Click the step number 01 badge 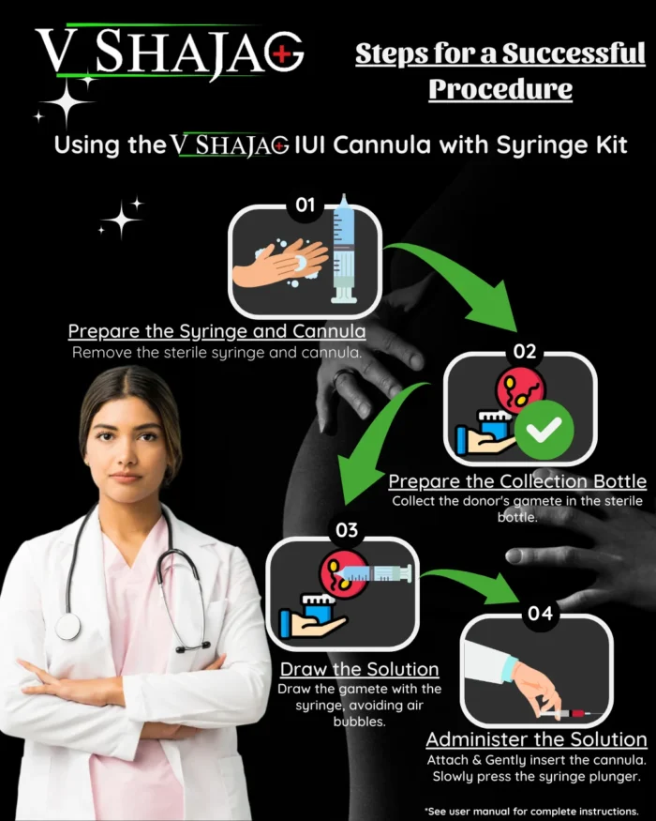tap(305, 205)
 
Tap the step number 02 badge tap(524, 353)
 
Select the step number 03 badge tap(346, 530)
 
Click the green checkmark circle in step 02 tap(545, 431)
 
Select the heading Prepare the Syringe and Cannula tap(217, 332)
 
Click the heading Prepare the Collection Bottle tap(517, 481)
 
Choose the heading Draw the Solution tap(359, 669)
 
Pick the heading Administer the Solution tap(536, 739)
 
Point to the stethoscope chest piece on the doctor tap(69, 627)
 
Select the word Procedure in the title tap(499, 89)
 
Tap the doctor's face tap(129, 441)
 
